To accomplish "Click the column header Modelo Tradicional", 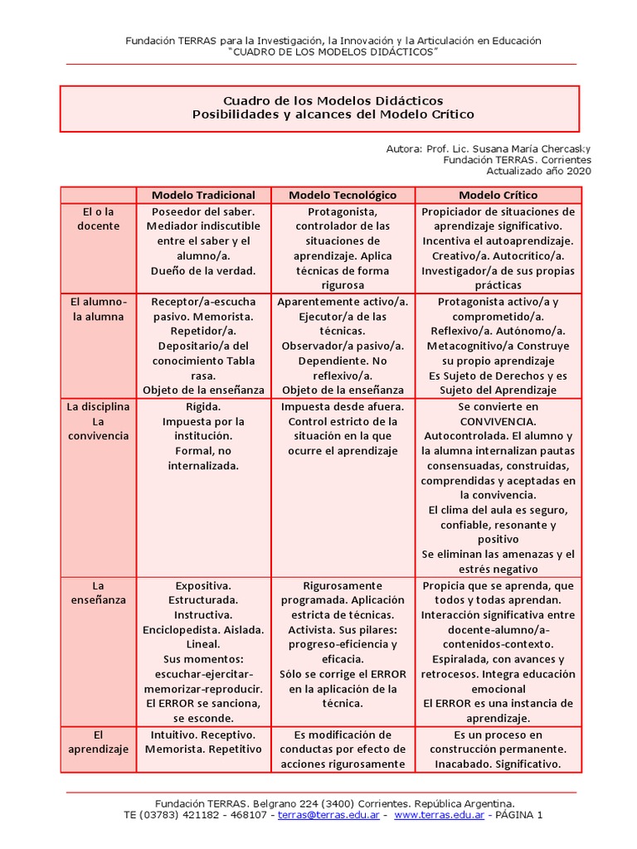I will [203, 195].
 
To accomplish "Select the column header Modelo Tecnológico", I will [343, 195].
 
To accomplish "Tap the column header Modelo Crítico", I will [498, 195].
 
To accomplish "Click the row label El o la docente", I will [98, 218].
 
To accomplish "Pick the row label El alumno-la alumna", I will [98, 309].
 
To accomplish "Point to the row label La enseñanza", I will [98, 592].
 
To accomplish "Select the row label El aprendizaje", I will [98, 742].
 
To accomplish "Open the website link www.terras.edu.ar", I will [439, 816].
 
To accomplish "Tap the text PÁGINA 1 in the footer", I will [518, 816].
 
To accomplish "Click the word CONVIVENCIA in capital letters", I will [498, 421].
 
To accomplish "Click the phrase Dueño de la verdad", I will [203, 270].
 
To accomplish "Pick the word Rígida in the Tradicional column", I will [203, 407].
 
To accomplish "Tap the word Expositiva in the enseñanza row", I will [203, 585].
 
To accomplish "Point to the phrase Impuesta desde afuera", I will [343, 407].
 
